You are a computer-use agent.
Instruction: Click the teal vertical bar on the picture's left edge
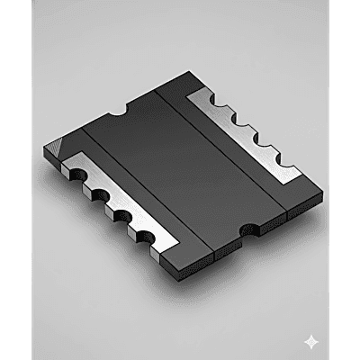15,180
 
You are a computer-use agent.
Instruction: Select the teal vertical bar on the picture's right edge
344,180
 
